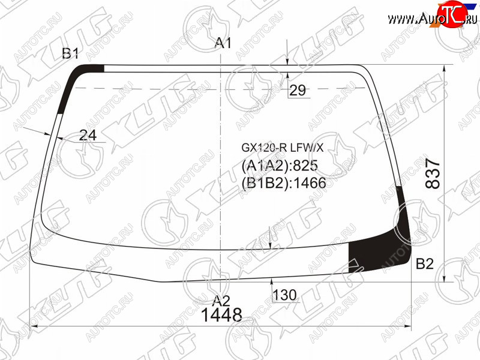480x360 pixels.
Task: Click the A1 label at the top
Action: [x=223, y=43]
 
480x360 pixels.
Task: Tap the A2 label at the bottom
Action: [x=221, y=301]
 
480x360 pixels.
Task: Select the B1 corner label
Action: [x=70, y=53]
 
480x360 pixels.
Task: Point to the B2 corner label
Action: [x=425, y=263]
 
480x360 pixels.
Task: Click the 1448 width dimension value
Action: [x=221, y=314]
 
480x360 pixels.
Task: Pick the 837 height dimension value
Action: [x=433, y=173]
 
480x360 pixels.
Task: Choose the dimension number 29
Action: [x=298, y=90]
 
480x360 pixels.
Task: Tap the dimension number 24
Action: [x=88, y=135]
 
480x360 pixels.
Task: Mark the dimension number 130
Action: [x=284, y=295]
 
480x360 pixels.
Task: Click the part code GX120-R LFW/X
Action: [x=282, y=148]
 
